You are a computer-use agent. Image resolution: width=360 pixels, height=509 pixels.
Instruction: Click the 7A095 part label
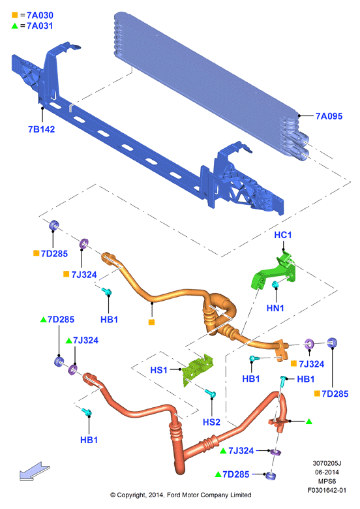click(329, 116)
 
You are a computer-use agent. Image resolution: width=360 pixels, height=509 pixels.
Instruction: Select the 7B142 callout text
click(42, 129)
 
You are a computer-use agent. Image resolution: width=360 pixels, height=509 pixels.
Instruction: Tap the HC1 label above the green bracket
click(283, 235)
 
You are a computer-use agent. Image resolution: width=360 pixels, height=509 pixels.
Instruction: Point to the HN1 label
click(275, 308)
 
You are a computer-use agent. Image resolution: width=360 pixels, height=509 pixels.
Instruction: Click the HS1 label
click(158, 370)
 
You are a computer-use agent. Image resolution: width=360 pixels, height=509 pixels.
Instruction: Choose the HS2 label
click(211, 422)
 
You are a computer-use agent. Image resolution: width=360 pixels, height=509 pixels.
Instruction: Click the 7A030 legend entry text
click(40, 15)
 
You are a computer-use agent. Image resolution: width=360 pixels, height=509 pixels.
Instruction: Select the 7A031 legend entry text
click(40, 25)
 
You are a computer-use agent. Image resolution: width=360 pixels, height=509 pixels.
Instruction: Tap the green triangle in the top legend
click(14, 25)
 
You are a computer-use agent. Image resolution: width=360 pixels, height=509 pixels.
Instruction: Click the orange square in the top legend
click(14, 15)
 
